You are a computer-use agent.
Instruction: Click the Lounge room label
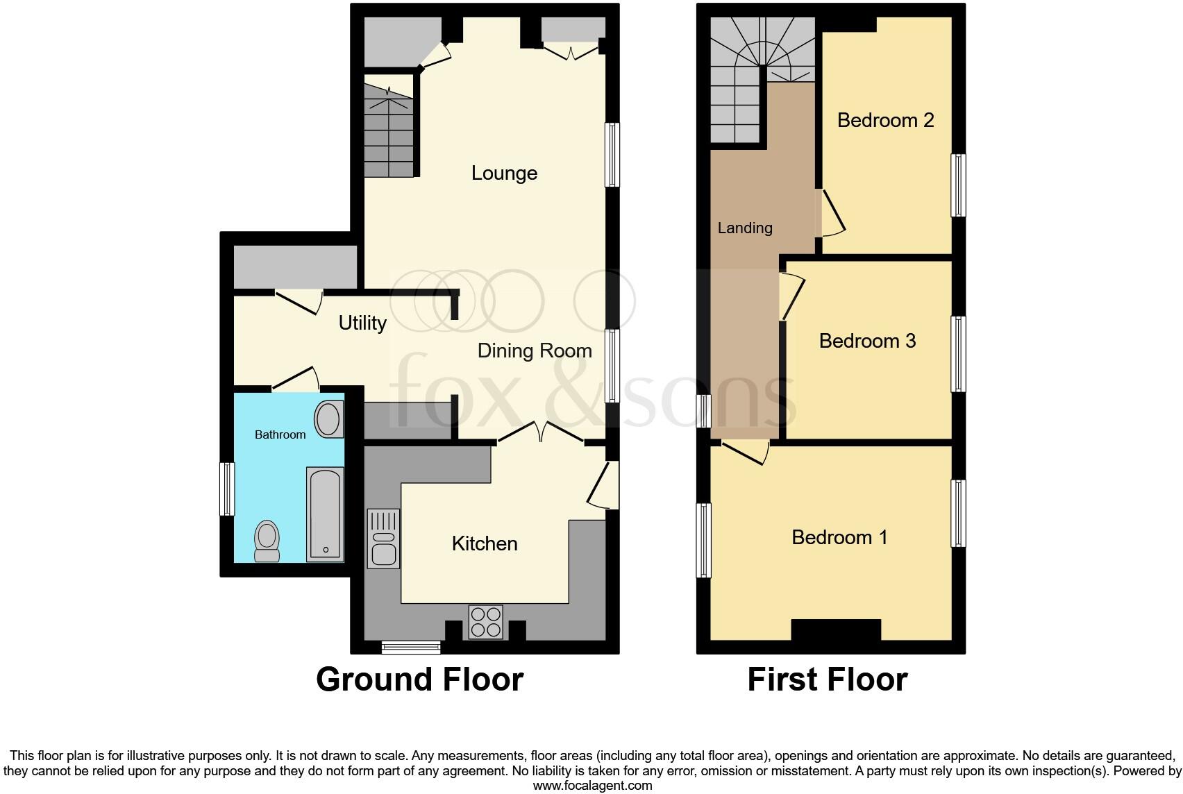coord(504,173)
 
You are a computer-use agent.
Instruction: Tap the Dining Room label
coord(535,350)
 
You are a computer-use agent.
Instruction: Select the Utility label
coord(362,323)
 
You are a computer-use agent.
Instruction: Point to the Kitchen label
coord(485,543)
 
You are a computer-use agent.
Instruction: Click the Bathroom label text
coord(280,434)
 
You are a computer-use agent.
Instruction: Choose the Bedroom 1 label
coord(839,537)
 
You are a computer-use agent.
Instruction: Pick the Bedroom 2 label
coord(885,120)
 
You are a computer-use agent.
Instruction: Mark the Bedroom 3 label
coord(867,341)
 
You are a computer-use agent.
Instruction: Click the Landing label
coord(745,228)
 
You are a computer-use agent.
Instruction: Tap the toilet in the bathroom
coord(267,541)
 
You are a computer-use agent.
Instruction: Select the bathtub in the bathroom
coord(325,514)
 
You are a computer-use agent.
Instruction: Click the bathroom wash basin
coord(328,419)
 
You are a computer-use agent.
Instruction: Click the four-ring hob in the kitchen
coord(485,621)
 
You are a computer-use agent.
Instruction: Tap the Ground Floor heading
coord(419,679)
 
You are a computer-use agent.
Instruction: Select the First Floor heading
coord(827,679)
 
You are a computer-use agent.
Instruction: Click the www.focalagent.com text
coord(592,786)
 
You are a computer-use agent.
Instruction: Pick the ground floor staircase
coord(388,132)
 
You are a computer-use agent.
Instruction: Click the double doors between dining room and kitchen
coord(542,432)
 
